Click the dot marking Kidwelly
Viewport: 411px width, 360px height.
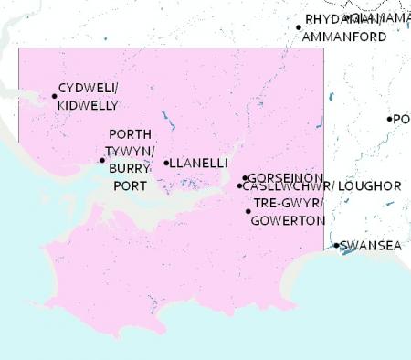[54, 94]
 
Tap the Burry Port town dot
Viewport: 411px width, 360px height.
[102, 161]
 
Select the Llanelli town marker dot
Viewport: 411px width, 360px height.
[166, 164]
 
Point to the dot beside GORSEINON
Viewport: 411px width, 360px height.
[245, 178]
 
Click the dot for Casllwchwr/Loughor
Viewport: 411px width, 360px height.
[240, 186]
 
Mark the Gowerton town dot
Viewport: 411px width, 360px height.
[248, 212]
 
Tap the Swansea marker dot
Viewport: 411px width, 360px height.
[336, 245]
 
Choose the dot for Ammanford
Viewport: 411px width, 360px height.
[299, 27]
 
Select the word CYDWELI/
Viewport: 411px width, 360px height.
[88, 89]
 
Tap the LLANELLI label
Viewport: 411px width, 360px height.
[199, 164]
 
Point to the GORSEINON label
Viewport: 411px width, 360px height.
[285, 177]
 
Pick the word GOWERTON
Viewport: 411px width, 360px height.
[288, 221]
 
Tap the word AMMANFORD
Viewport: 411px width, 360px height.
[345, 37]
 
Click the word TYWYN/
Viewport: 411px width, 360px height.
[130, 151]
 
